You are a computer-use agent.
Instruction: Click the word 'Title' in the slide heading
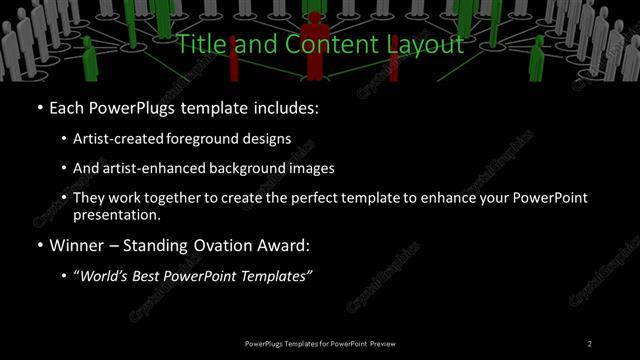click(200, 45)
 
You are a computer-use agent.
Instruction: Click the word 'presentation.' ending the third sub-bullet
click(117, 214)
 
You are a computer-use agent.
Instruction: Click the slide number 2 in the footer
click(590, 344)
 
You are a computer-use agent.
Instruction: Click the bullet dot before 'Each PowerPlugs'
click(39, 107)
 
